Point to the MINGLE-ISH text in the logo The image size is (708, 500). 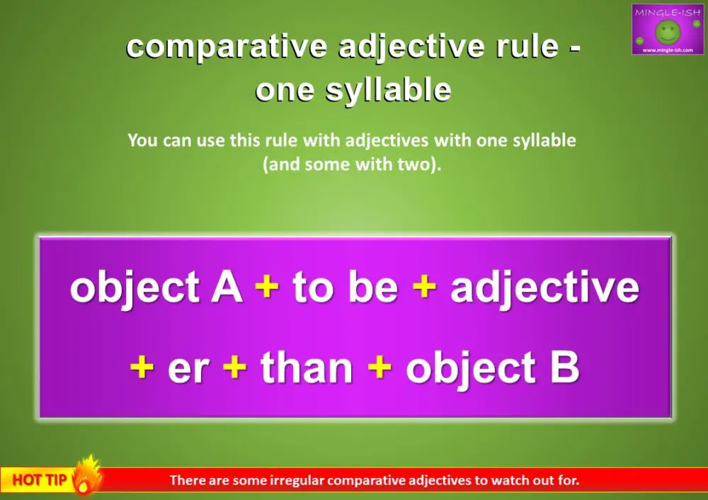tap(667, 11)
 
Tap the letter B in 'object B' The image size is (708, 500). tap(564, 368)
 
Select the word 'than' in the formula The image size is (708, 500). tap(307, 368)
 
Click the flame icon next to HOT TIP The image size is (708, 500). tap(86, 476)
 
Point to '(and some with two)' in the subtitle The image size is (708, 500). tap(352, 164)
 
